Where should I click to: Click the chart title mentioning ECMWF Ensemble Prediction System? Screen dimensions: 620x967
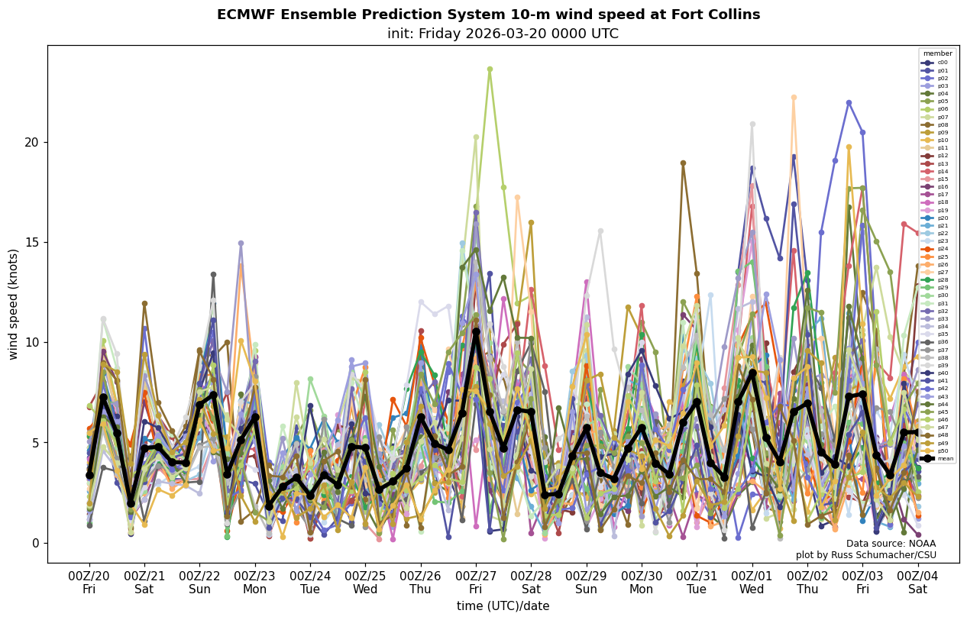coord(488,15)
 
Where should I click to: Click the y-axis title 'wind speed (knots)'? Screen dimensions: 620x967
coord(13,304)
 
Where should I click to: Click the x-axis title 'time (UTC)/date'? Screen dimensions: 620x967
coord(503,605)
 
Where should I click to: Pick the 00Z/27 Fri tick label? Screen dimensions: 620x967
coord(475,582)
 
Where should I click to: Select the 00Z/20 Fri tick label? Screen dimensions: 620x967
coord(89,582)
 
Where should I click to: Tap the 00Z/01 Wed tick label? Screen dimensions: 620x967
coord(752,582)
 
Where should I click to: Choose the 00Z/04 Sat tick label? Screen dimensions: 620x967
coord(917,582)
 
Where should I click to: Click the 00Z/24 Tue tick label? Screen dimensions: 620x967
coord(310,582)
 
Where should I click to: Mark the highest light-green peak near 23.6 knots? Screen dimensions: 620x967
coord(490,69)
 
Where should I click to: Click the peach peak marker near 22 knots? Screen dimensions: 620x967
coord(794,98)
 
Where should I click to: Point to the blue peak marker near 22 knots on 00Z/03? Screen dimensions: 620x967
coord(849,102)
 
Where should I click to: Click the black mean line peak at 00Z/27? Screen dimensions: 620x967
coord(476,332)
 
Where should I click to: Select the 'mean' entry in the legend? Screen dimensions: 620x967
coord(938,458)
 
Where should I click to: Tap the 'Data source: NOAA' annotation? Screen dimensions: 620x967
coord(891,544)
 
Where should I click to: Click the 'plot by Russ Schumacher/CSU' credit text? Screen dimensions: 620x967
coord(865,555)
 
